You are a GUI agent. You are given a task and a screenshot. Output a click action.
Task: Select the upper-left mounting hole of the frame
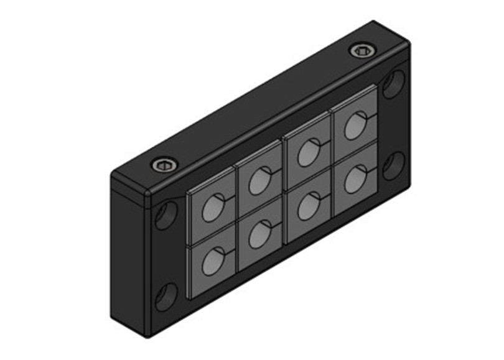(167, 215)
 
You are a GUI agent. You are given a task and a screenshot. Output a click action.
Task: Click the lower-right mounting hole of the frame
(393, 166)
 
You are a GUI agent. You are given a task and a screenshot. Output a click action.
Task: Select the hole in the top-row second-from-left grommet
(259, 181)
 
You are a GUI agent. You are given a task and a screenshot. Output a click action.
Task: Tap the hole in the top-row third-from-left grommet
(307, 152)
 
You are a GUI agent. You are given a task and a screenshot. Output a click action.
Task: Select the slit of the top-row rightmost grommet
(371, 116)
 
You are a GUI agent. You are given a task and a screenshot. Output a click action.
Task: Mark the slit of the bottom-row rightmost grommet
(371, 171)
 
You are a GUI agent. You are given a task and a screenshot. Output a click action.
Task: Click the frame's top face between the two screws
(261, 109)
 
